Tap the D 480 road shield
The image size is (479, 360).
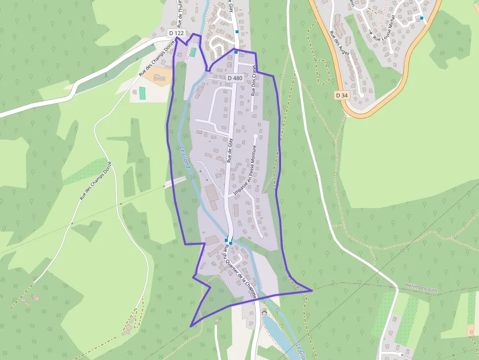tap(235, 78)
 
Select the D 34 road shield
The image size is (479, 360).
tap(342, 95)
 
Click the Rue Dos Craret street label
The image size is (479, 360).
tap(254, 80)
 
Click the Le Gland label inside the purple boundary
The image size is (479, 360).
tap(184, 158)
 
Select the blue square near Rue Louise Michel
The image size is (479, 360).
tap(421, 18)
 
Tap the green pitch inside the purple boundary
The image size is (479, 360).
tap(193, 52)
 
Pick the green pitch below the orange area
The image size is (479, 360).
tap(142, 92)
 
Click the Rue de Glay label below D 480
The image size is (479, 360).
tap(230, 149)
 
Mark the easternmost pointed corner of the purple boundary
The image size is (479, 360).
tap(312, 291)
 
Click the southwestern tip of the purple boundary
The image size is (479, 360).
tap(191, 326)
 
